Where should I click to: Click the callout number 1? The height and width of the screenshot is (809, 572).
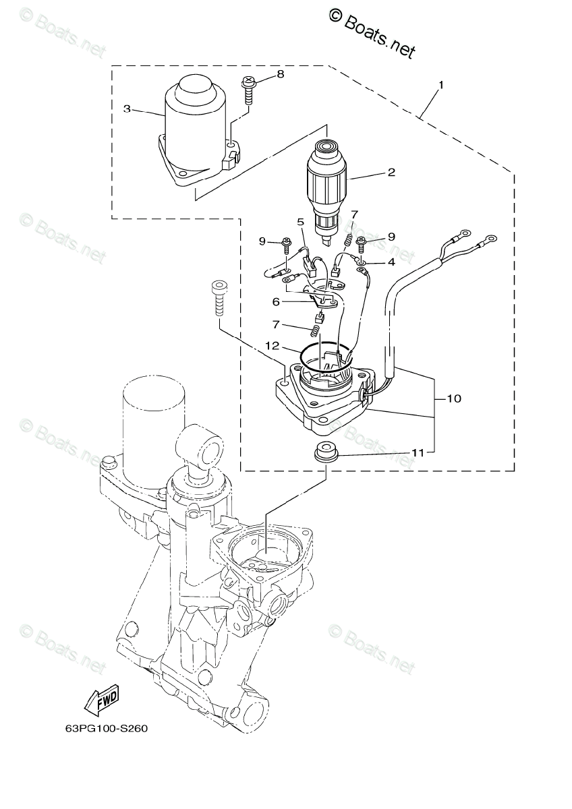(x=441, y=86)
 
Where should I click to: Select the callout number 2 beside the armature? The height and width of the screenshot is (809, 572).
(x=391, y=173)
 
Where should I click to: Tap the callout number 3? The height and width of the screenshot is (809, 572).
(x=127, y=109)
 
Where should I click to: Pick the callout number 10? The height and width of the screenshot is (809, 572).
(x=453, y=399)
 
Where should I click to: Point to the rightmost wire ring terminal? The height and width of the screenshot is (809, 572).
(x=491, y=239)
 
